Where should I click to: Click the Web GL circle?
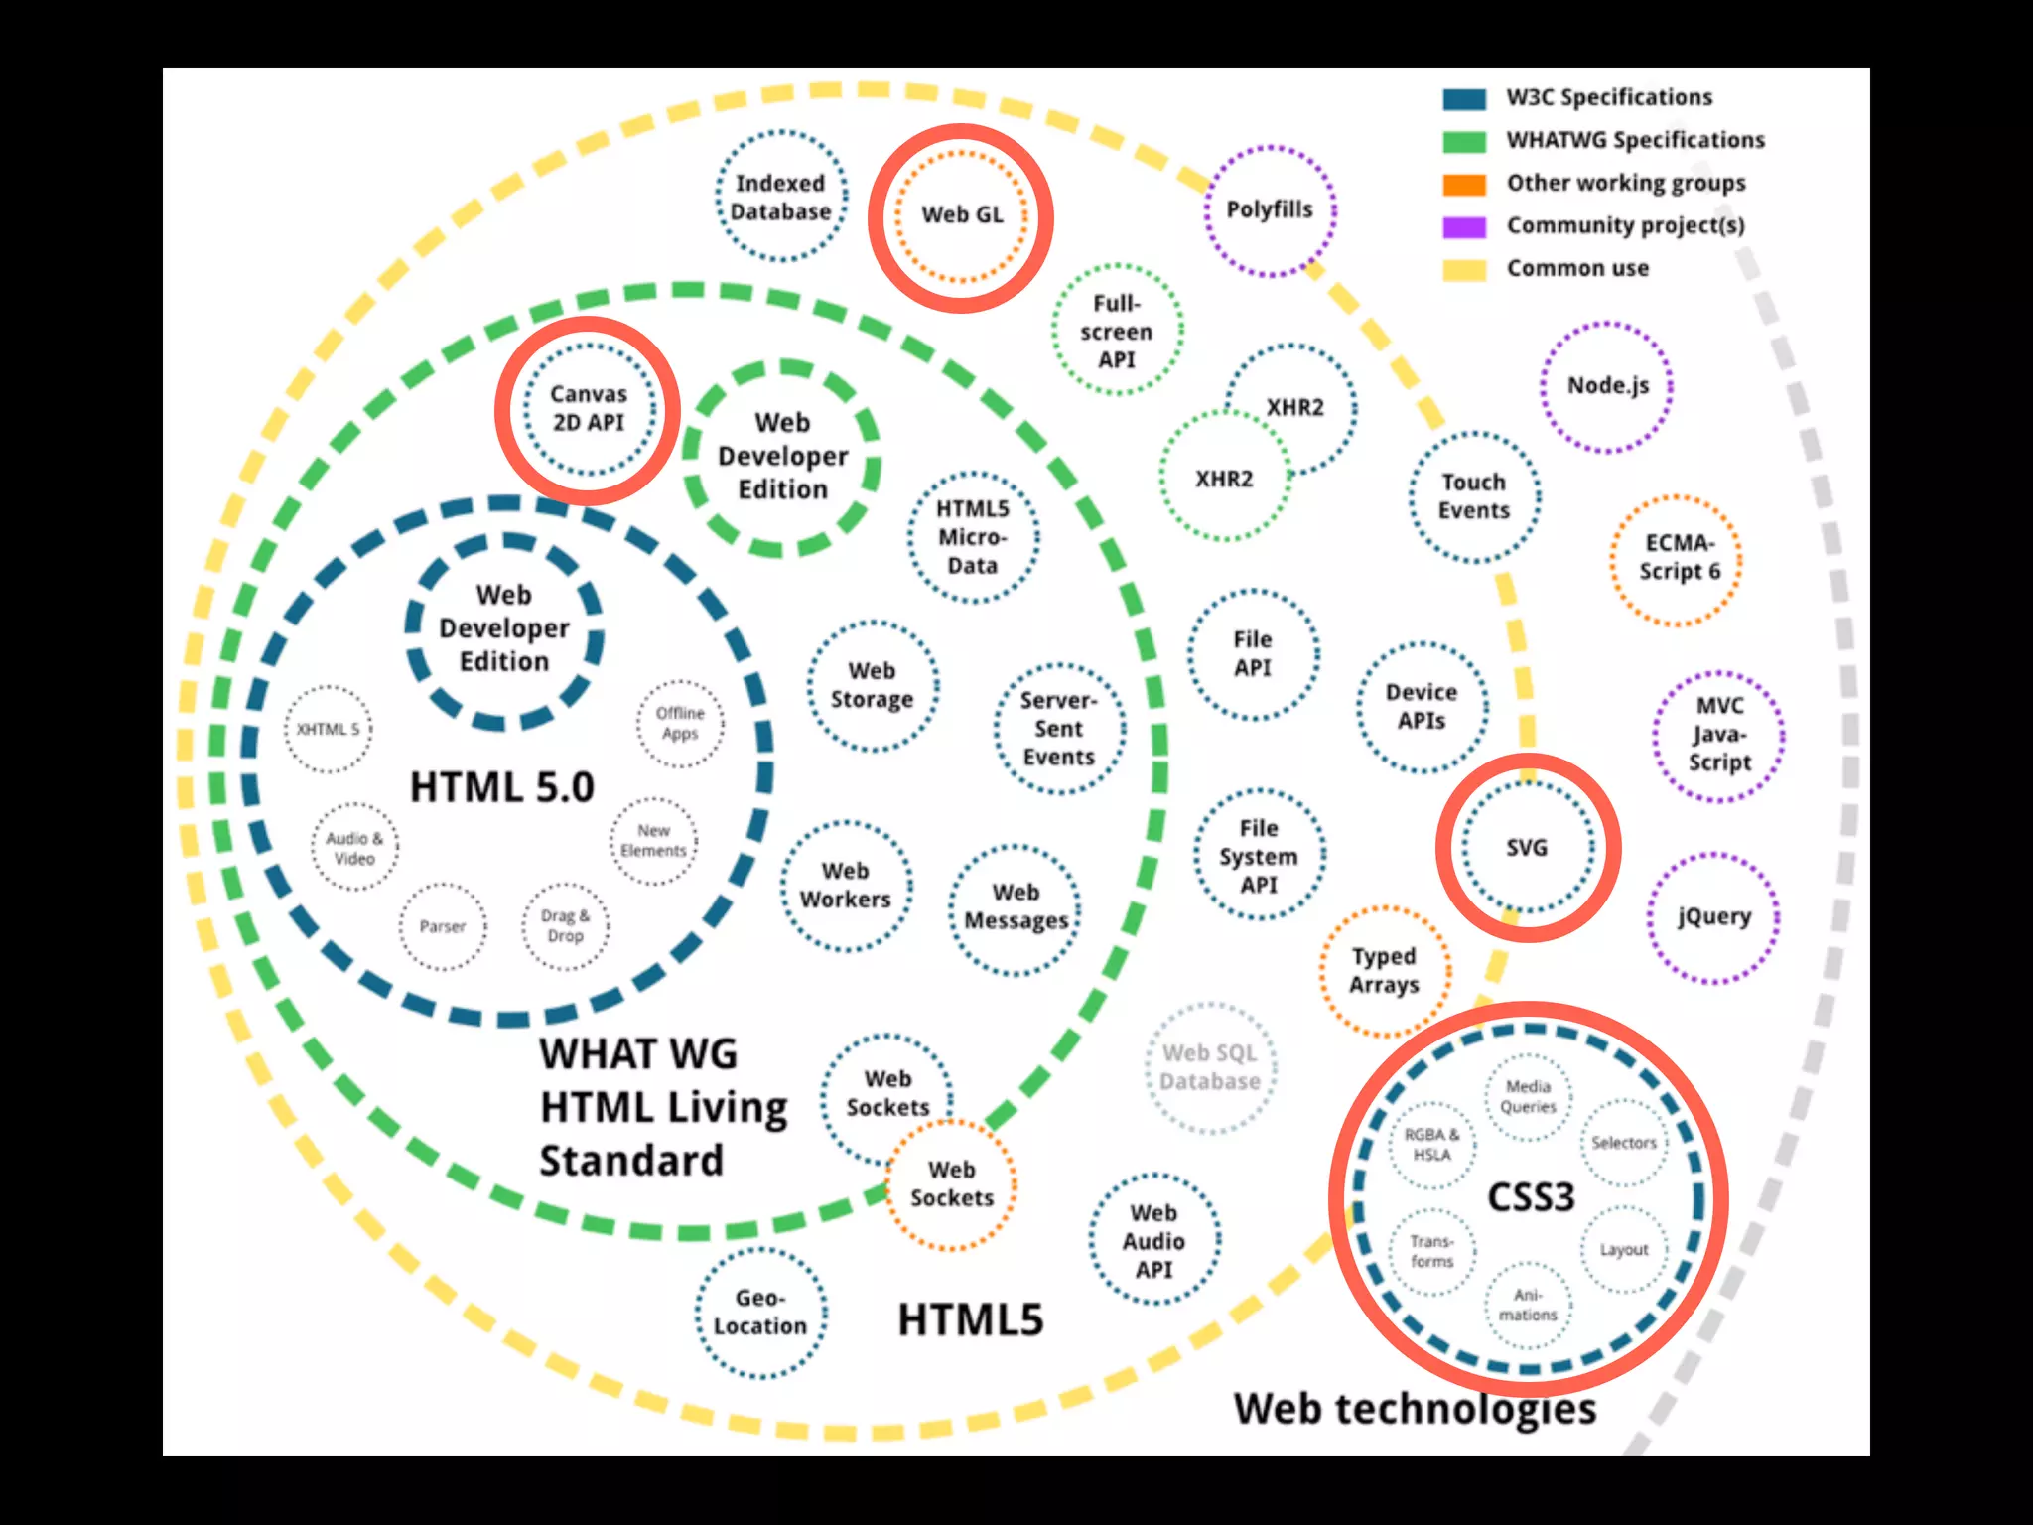961,215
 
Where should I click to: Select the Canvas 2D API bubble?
589,409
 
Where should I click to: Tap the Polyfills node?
1270,210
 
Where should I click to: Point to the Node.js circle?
1607,386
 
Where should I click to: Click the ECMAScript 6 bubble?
1677,559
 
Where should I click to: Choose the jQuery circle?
1714,917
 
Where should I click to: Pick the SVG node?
1527,848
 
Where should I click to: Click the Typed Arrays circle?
1384,971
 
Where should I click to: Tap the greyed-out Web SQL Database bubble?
1210,1068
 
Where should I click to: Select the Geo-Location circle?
760,1313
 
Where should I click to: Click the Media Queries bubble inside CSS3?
1528,1097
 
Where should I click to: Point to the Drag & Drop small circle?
565,926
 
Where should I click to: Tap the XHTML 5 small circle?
328,730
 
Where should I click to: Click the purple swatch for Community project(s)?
1464,227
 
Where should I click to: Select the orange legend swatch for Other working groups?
1464,185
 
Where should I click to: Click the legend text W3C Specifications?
1609,97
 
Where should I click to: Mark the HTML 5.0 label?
502,787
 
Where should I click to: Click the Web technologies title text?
1415,1409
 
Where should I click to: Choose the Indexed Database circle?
781,198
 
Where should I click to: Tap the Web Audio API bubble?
1153,1241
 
